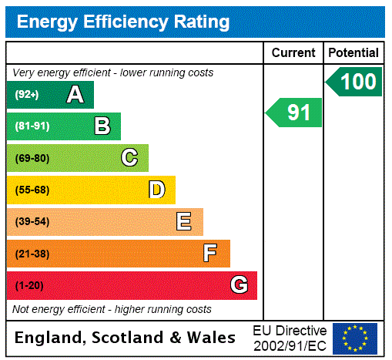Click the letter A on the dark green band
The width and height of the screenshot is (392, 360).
(75, 95)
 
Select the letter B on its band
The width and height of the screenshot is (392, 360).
(102, 126)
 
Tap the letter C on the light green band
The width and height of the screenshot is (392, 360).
(129, 158)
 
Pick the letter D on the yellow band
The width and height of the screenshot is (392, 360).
(157, 190)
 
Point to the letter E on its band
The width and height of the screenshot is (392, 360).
(183, 222)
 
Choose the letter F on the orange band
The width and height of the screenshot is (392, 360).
(210, 254)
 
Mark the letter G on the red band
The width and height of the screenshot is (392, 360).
(239, 285)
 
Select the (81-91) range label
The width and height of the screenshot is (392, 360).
(32, 126)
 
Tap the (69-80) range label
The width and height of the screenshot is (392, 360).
(32, 158)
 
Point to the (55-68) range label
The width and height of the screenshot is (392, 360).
(32, 190)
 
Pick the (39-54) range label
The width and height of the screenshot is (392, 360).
(32, 222)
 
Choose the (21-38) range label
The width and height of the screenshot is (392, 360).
(32, 254)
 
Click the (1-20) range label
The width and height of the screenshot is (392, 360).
(29, 285)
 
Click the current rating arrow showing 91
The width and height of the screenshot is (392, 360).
(295, 113)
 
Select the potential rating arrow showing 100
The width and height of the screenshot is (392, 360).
(355, 82)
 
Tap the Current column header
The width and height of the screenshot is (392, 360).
(293, 52)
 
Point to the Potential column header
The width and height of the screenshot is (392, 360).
(353, 52)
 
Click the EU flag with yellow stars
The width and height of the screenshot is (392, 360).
(355, 338)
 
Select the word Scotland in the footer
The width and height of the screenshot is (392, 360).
(127, 338)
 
